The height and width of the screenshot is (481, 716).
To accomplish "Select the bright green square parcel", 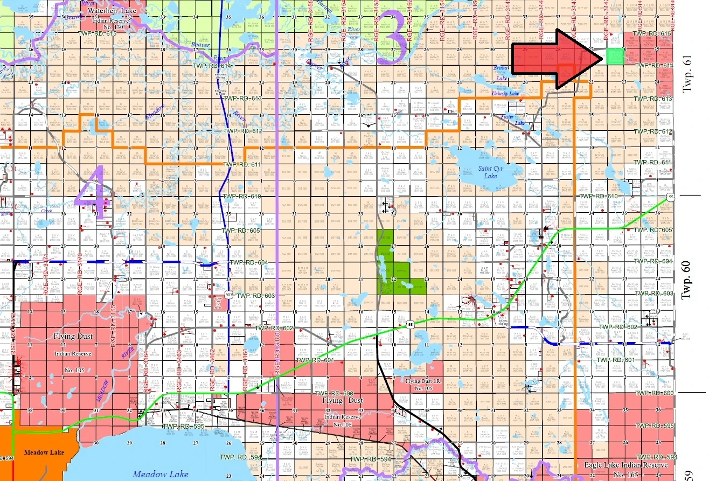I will (614, 56).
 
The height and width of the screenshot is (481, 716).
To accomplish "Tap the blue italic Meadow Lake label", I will (161, 473).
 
